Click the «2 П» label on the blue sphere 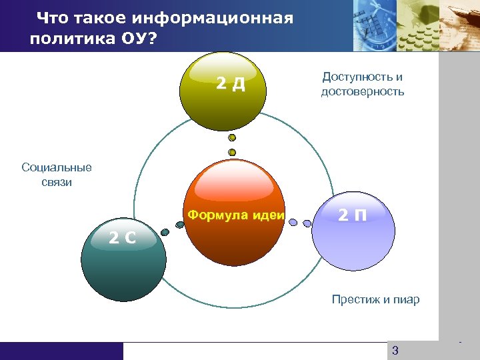[352, 215]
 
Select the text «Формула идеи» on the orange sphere [236, 215]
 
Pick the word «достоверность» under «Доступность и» [362, 92]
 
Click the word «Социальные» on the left [57, 167]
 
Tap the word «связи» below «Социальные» [57, 182]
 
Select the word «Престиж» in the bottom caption [355, 299]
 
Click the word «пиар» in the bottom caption [407, 299]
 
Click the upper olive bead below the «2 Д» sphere [232, 138]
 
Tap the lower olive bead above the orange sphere [232, 152]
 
